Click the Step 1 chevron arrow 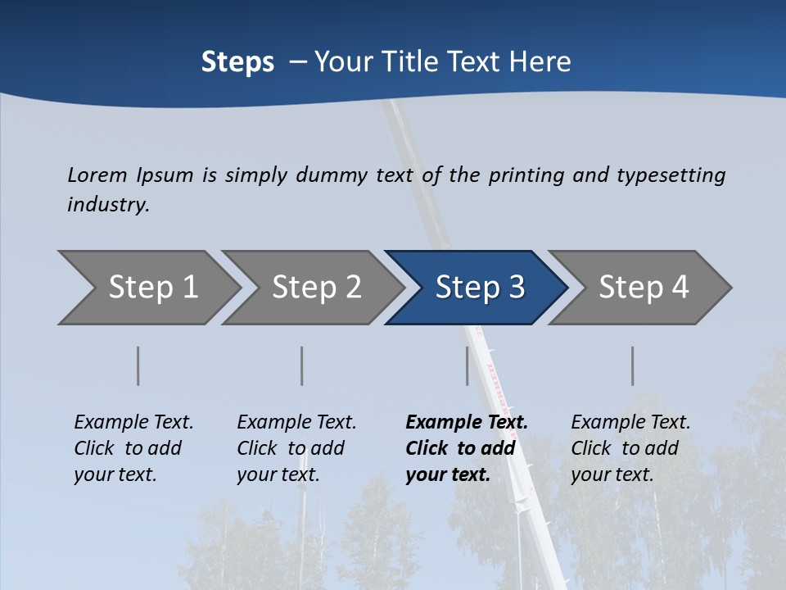(x=151, y=288)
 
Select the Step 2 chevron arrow (x=315, y=288)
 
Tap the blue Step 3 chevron (x=479, y=288)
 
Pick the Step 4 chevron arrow (x=643, y=288)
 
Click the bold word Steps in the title (x=237, y=62)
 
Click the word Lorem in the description (x=97, y=175)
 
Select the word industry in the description (x=108, y=204)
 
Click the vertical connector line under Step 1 (x=138, y=365)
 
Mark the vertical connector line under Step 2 (x=302, y=365)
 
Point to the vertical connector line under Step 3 (x=468, y=365)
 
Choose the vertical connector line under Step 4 (x=633, y=365)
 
